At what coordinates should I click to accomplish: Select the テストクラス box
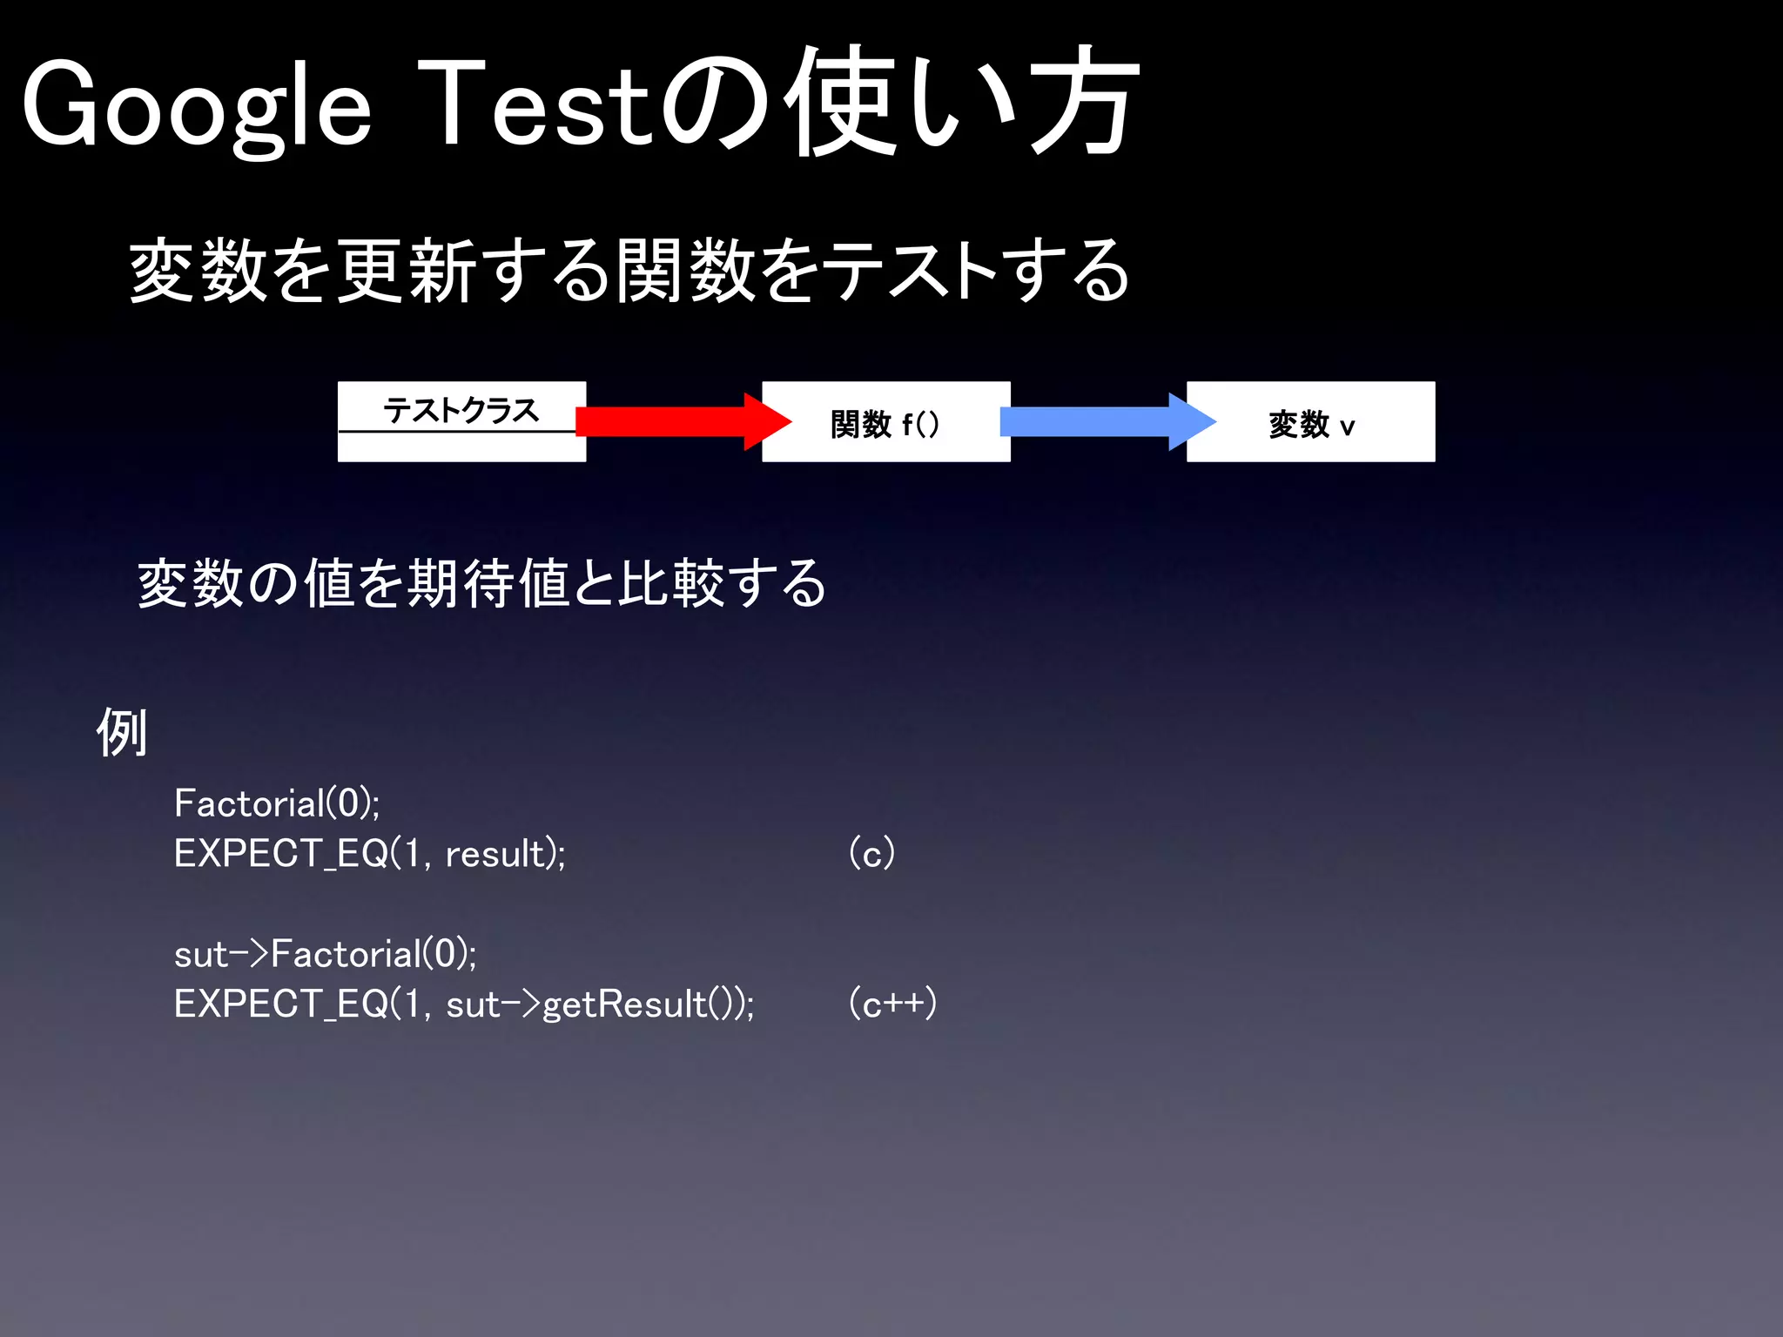click(461, 421)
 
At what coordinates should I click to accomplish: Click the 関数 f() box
click(885, 422)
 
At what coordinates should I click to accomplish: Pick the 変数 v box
click(1310, 422)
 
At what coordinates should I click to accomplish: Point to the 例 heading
click(121, 732)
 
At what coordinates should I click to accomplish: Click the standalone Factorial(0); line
click(277, 803)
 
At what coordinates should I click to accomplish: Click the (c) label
click(871, 853)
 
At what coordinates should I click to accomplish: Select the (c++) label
click(892, 1004)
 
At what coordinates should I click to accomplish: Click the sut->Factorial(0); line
click(325, 954)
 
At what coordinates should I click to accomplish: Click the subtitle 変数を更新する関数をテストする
click(629, 271)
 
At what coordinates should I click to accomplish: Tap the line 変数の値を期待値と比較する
click(481, 583)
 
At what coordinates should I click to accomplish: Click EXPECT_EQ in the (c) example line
click(280, 854)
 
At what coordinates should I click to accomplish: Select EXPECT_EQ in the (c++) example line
click(280, 1004)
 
